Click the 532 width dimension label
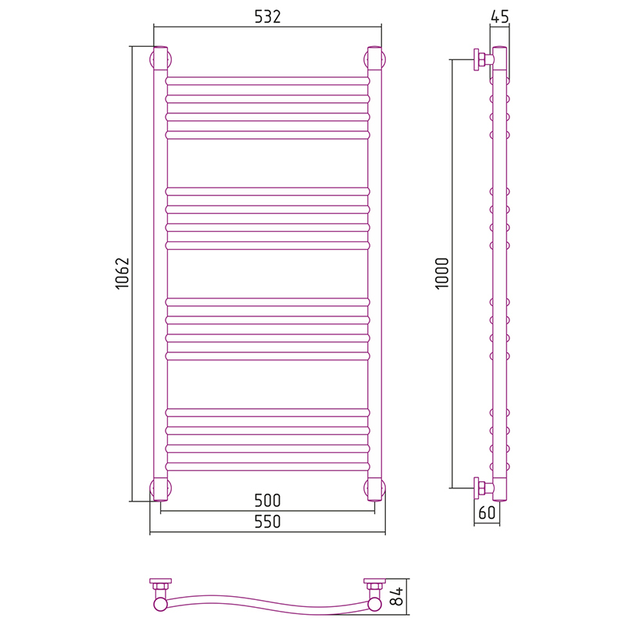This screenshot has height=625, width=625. pyautogui.click(x=267, y=16)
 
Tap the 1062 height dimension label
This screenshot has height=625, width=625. pyautogui.click(x=123, y=273)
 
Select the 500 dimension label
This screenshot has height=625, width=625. pyautogui.click(x=267, y=500)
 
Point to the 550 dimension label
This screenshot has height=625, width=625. pyautogui.click(x=267, y=521)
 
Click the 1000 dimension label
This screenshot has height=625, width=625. pyautogui.click(x=441, y=273)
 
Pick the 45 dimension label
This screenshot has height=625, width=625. pyautogui.click(x=500, y=16)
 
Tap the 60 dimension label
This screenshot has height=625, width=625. pyautogui.click(x=487, y=512)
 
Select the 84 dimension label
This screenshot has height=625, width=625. pyautogui.click(x=397, y=596)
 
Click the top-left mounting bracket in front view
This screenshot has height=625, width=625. pyautogui.click(x=160, y=59)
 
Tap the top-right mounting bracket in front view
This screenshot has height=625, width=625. pyautogui.click(x=375, y=59)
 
